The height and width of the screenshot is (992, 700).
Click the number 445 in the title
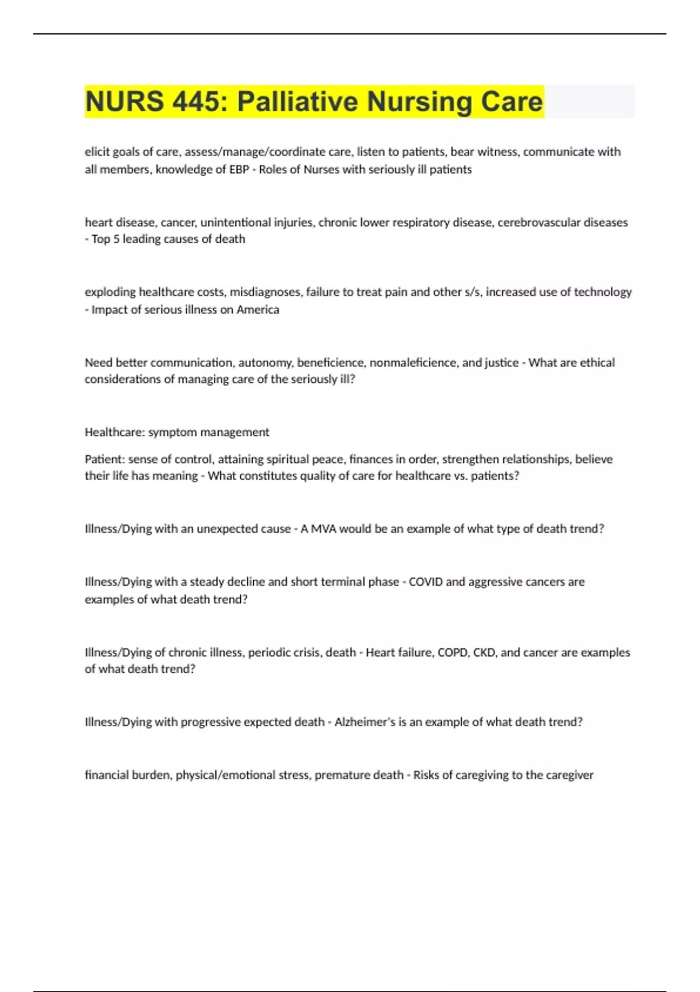[x=198, y=102]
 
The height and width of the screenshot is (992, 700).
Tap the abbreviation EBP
[x=239, y=169]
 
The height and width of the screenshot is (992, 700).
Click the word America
[x=258, y=309]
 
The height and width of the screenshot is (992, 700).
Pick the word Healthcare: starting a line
[x=114, y=432]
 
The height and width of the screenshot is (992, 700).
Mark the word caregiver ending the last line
[x=570, y=775]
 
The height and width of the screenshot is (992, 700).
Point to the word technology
[x=603, y=292]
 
